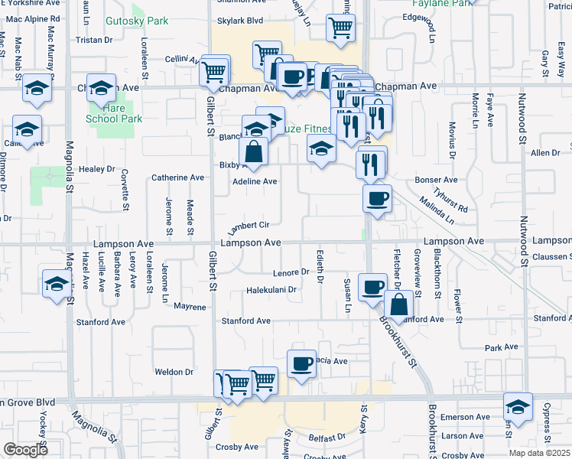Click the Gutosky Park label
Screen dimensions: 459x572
[137, 21]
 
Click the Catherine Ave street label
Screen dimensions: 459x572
[177, 177]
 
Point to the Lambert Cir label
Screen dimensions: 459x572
[249, 225]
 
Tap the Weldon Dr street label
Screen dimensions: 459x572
[174, 372]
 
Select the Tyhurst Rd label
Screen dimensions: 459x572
[450, 200]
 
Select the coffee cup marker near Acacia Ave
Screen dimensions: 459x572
[301, 362]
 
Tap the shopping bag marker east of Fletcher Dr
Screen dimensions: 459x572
[399, 304]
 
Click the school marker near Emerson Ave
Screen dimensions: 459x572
[518, 405]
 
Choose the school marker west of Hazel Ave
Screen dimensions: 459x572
[56, 284]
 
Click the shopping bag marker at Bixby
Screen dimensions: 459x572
[254, 151]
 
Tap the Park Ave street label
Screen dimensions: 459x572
[502, 347]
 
